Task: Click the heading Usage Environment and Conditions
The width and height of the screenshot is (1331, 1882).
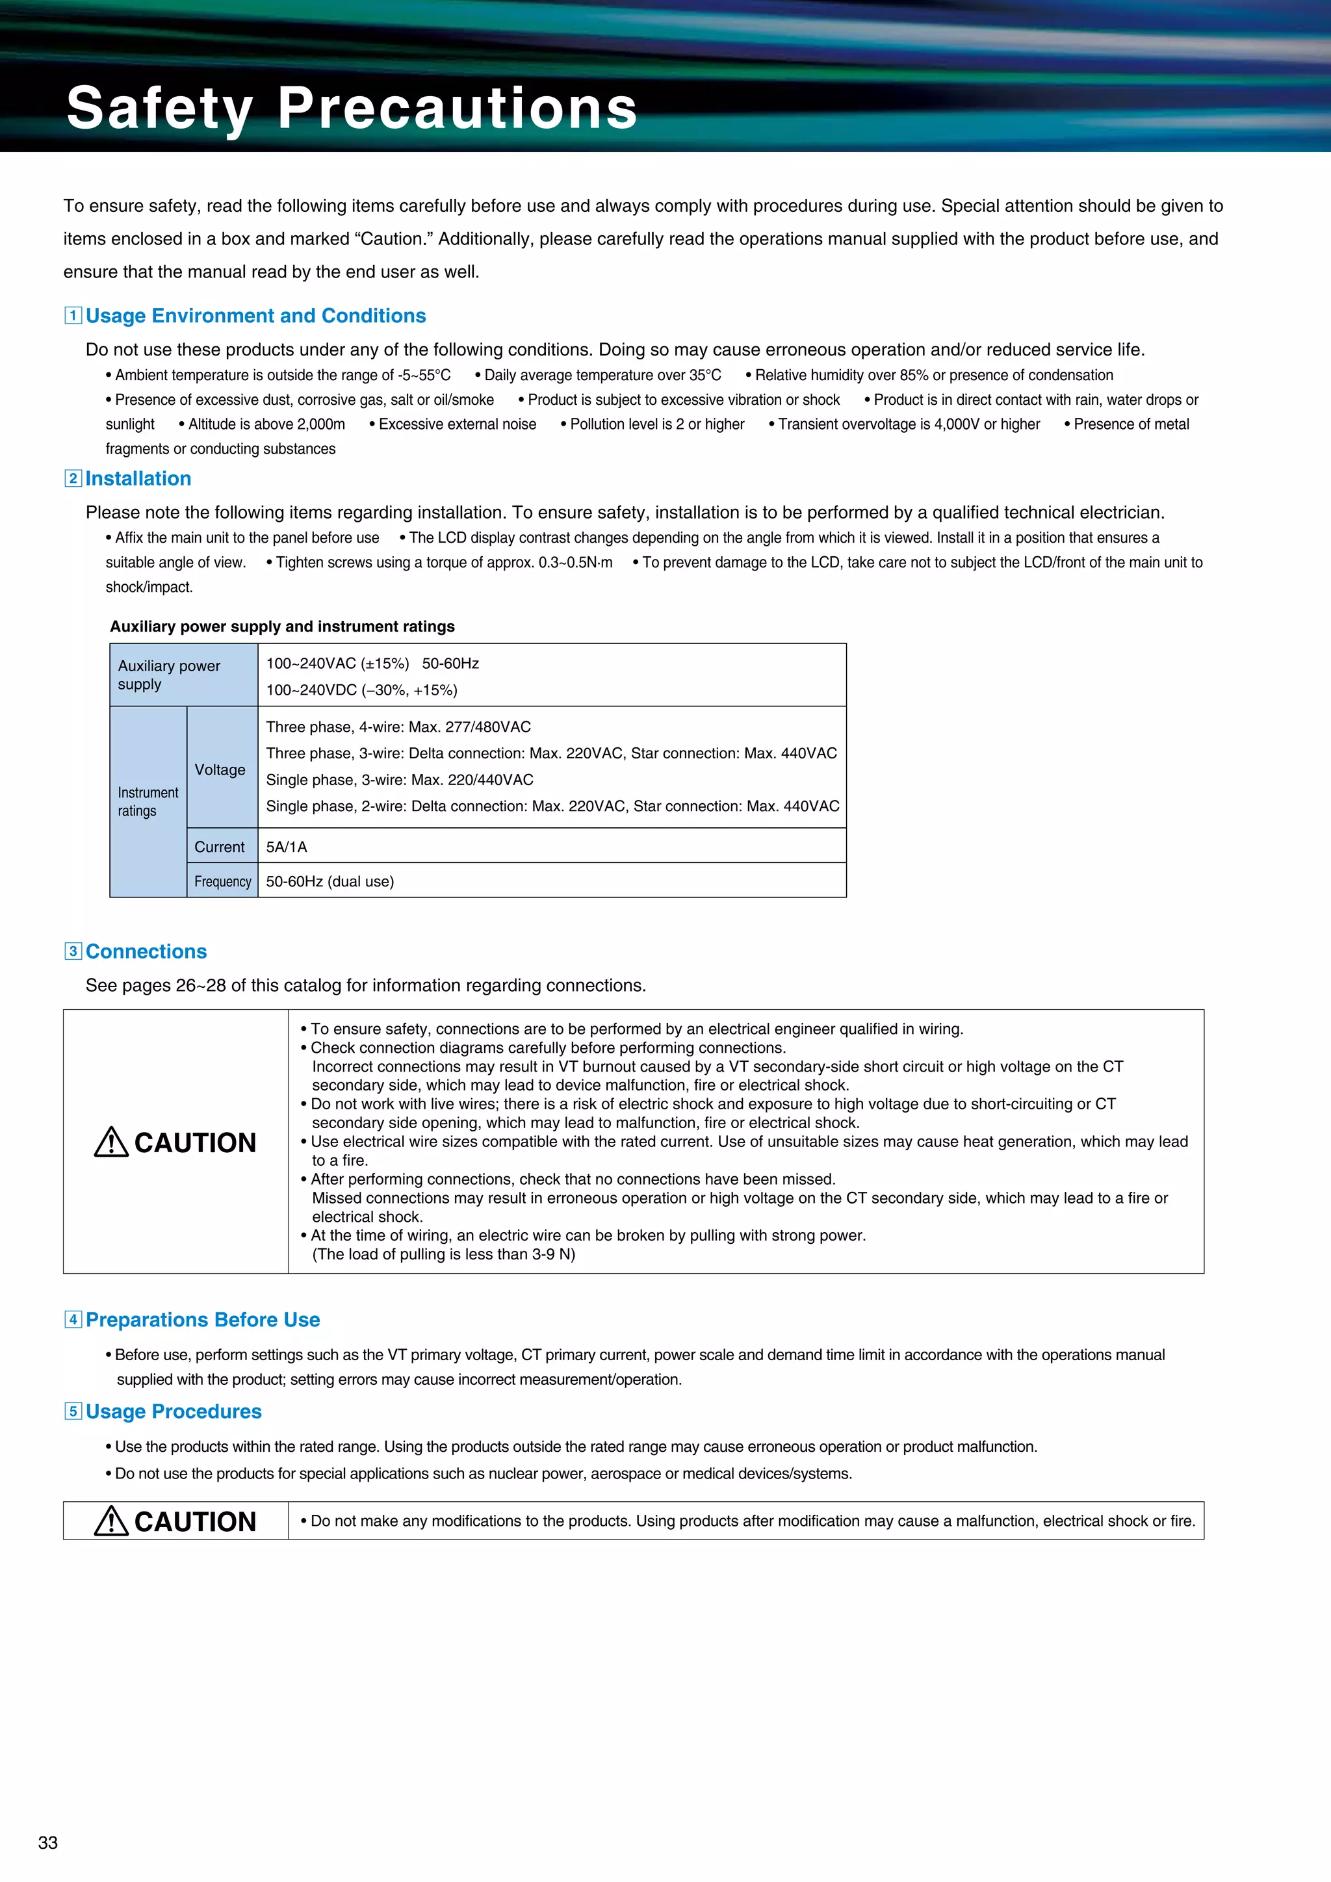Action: tap(255, 316)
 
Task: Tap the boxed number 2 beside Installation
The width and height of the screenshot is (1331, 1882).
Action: tap(73, 479)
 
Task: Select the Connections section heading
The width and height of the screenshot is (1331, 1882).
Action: tap(146, 951)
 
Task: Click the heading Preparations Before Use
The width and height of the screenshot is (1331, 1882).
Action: tap(202, 1320)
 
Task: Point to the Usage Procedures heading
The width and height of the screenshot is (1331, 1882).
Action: tap(173, 1411)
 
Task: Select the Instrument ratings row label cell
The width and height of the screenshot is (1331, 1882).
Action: tap(148, 802)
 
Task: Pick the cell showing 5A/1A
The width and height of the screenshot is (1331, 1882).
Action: tap(287, 847)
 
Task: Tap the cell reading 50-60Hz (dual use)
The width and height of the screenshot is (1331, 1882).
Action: tap(330, 881)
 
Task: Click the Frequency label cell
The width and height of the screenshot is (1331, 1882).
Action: tap(222, 881)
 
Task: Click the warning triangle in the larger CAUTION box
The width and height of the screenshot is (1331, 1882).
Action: tap(112, 1142)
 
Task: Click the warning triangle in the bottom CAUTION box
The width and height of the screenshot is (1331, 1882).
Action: tap(112, 1521)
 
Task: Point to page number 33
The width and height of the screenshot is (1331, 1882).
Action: tap(47, 1842)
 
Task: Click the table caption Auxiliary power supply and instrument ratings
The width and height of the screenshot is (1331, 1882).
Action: tap(282, 626)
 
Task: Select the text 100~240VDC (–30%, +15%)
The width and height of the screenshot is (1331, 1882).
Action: tap(361, 690)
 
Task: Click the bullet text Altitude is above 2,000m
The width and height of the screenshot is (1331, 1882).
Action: tap(266, 424)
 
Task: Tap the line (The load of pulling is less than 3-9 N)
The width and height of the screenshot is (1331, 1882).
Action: tap(443, 1254)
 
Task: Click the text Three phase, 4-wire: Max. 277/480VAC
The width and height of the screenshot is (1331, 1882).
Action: tap(398, 727)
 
